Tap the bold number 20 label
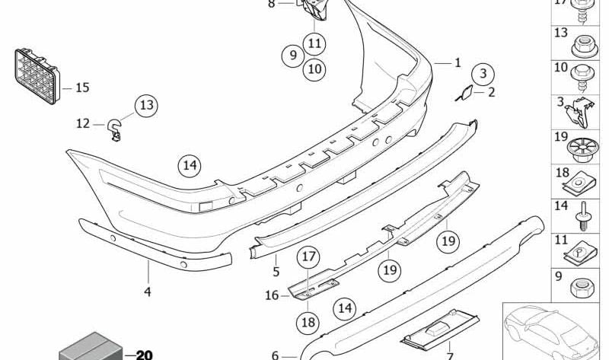click(x=144, y=354)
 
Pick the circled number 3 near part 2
click(x=481, y=74)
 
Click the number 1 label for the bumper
click(x=458, y=63)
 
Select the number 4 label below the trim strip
click(x=147, y=291)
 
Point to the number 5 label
click(x=276, y=271)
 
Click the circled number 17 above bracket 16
click(x=307, y=257)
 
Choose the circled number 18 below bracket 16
click(x=308, y=323)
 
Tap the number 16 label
click(x=273, y=295)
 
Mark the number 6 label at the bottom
click(x=276, y=354)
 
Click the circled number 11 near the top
click(x=314, y=42)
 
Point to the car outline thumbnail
click(x=553, y=328)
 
